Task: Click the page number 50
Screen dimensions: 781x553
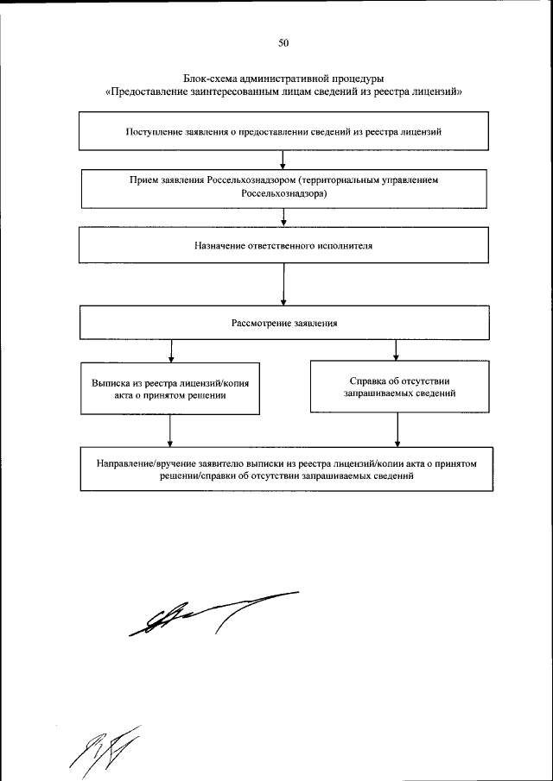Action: tap(283, 42)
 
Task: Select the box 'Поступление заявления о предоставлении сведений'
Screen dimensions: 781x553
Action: tap(284, 132)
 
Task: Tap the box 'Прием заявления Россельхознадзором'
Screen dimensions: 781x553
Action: tap(284, 187)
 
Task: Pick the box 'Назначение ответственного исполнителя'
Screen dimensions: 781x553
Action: tap(284, 244)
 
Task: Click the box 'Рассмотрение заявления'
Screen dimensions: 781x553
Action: tap(284, 324)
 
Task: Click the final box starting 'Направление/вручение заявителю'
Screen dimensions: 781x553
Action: tap(286, 469)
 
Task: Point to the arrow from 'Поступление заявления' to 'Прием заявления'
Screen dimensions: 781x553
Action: tap(284, 160)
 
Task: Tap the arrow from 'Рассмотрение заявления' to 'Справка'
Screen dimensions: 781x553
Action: tap(396, 350)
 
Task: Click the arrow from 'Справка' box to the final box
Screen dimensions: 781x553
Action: tap(397, 429)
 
